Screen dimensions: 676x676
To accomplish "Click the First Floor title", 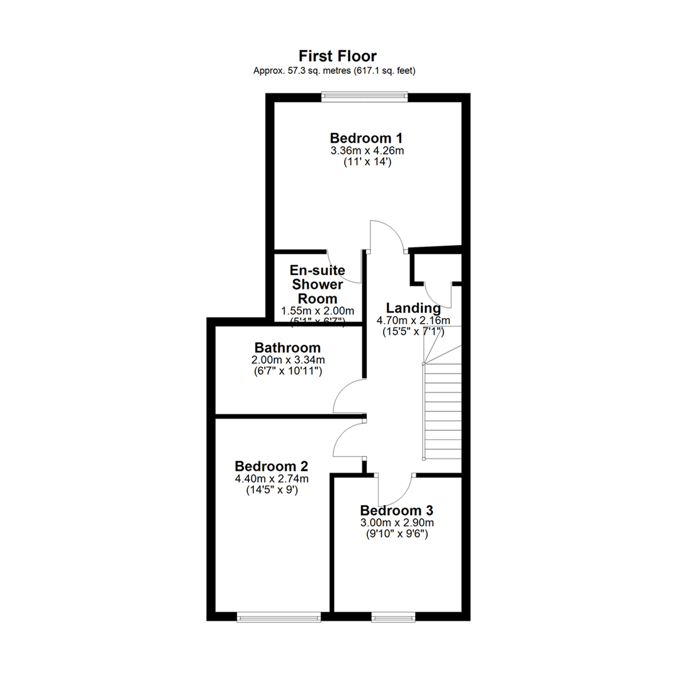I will [x=337, y=56].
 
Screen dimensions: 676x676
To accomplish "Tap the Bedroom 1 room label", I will [x=366, y=138].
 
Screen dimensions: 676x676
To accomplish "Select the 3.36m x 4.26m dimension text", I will [x=366, y=151].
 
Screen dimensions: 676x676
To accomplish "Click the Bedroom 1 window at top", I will [x=365, y=96].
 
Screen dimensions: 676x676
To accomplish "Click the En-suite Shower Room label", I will [x=317, y=284].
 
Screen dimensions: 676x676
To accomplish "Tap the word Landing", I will [x=413, y=308].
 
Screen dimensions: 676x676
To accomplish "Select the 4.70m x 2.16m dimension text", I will [x=413, y=320].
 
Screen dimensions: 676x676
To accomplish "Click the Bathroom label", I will [x=287, y=347].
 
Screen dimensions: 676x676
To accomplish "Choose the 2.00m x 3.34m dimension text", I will [x=287, y=360].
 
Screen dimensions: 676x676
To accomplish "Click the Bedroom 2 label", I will [x=271, y=466].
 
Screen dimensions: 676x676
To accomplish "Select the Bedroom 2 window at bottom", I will [x=279, y=618].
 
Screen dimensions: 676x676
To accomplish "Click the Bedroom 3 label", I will [x=396, y=510].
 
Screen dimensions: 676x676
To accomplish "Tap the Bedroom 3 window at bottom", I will [x=392, y=618].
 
